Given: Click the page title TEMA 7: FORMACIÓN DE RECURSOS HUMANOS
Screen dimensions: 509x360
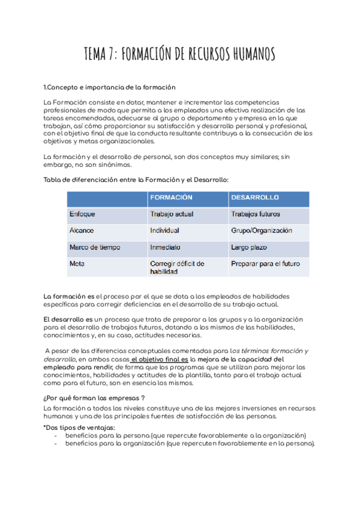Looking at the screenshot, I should [180, 55].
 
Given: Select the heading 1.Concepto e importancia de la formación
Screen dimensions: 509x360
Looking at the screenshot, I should [110, 88].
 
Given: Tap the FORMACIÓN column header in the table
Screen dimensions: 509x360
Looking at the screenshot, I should [171, 197].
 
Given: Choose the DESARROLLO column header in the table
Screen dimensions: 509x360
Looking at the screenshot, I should [254, 197].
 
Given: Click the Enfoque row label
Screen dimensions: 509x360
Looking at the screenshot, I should [82, 214].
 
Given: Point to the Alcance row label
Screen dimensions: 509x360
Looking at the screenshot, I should [82, 230].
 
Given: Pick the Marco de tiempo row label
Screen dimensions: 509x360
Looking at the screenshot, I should [95, 247].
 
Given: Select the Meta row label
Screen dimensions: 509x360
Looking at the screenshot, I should [77, 264].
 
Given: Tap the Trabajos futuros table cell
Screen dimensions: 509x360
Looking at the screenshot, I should [256, 214].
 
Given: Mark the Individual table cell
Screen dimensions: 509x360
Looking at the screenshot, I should [165, 230].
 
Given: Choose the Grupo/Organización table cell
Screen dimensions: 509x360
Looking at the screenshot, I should [261, 230].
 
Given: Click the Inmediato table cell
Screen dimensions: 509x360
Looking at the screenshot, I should [166, 247].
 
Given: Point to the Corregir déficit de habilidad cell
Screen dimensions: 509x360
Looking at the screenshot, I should [177, 267].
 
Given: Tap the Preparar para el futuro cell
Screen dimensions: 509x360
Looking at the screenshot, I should [265, 264].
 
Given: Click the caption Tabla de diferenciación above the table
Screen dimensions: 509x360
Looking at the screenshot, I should [136, 180].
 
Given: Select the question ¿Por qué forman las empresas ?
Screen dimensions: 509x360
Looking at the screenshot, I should [94, 398].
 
